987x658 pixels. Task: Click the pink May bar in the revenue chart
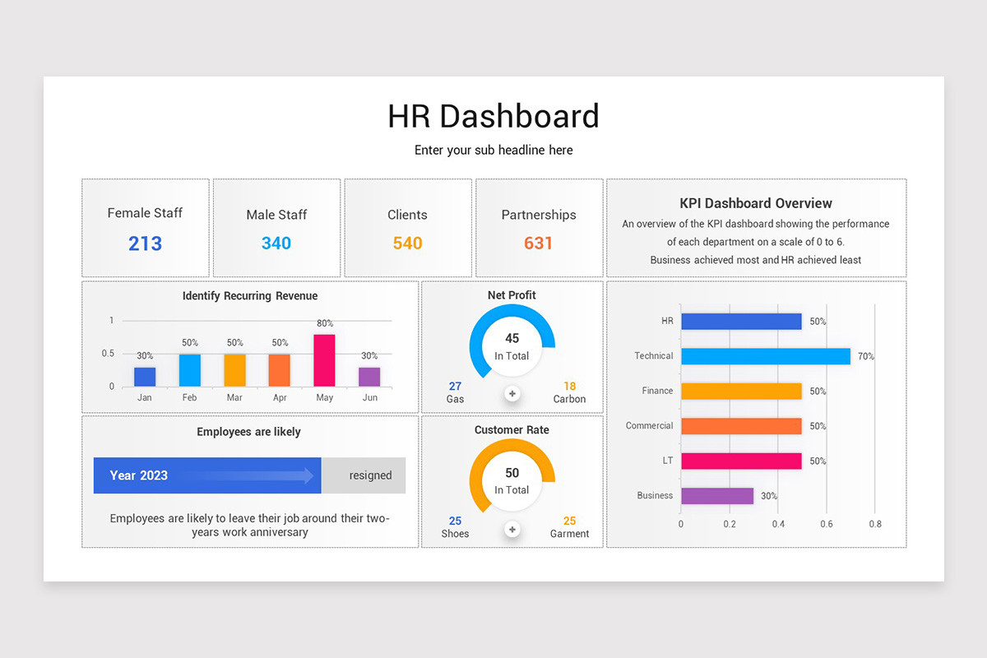[324, 360]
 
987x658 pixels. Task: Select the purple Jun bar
[369, 377]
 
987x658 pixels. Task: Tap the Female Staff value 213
[145, 243]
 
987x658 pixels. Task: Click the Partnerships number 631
[539, 243]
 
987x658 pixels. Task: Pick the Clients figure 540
[407, 243]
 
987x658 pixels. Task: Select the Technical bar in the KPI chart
[765, 356]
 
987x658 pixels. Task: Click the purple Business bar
[716, 496]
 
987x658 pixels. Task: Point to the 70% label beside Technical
[866, 356]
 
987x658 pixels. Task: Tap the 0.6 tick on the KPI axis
[827, 524]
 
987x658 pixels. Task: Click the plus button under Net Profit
[512, 394]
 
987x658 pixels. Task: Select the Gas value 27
[455, 386]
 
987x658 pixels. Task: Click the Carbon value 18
[569, 386]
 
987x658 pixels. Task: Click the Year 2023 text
[139, 475]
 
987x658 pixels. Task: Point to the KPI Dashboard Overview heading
[756, 203]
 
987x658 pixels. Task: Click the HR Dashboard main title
[493, 116]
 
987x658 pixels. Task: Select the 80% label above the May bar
[324, 323]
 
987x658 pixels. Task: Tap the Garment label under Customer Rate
[569, 534]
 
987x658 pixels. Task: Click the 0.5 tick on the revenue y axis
[108, 354]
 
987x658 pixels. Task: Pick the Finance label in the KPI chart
[657, 391]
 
